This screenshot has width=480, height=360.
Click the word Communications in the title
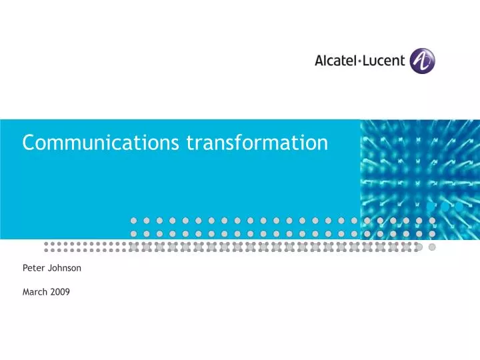(x=101, y=143)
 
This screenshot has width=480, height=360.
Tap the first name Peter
(x=32, y=268)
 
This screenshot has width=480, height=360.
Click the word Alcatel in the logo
(x=337, y=61)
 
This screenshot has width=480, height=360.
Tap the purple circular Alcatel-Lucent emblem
(x=422, y=60)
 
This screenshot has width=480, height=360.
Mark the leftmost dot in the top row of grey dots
(x=133, y=220)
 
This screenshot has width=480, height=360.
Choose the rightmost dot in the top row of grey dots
(x=432, y=220)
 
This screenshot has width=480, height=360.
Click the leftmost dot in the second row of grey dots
(x=133, y=234)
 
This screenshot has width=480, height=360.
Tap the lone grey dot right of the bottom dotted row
(x=432, y=247)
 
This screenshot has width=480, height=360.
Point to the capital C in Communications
(x=28, y=143)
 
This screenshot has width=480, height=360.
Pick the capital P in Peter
(x=25, y=268)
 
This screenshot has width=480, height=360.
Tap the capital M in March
(x=26, y=292)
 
